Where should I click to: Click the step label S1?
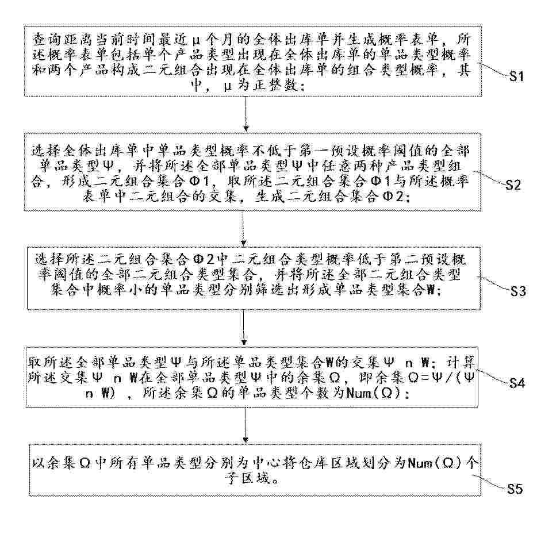(516, 76)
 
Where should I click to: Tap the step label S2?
(513, 185)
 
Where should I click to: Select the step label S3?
(518, 291)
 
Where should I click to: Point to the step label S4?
(517, 383)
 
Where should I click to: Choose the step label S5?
(515, 489)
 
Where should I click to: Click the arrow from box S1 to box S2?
(246, 114)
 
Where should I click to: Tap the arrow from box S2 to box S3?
(243, 228)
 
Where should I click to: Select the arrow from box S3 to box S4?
(244, 327)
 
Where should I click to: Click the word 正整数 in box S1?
(275, 84)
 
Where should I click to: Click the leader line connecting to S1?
(493, 70)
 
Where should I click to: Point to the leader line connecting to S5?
(490, 482)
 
